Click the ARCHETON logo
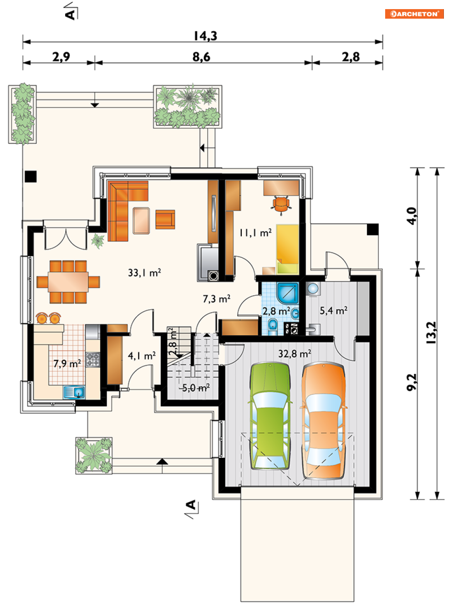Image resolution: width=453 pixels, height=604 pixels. [x=414, y=14]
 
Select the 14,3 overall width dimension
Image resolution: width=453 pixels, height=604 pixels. [x=205, y=36]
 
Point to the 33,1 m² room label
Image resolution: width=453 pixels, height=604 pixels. [x=144, y=273]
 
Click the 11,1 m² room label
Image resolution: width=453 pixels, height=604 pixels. [x=255, y=233]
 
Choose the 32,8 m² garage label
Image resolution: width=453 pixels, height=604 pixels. [x=295, y=353]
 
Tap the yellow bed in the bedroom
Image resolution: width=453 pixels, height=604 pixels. [x=288, y=249]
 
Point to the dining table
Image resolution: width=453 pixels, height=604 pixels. [x=68, y=282]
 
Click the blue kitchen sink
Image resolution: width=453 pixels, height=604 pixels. [x=74, y=392]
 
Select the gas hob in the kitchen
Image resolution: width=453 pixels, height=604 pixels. [x=93, y=360]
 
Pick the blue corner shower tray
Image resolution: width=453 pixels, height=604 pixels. [x=288, y=293]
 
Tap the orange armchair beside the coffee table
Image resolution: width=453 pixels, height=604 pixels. [x=165, y=219]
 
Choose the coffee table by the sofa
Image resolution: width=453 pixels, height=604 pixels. [x=141, y=220]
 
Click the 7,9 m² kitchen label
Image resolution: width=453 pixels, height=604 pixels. [x=67, y=364]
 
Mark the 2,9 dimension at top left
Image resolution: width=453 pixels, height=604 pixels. [x=61, y=56]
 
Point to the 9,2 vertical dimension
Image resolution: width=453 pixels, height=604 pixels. [x=412, y=382]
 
